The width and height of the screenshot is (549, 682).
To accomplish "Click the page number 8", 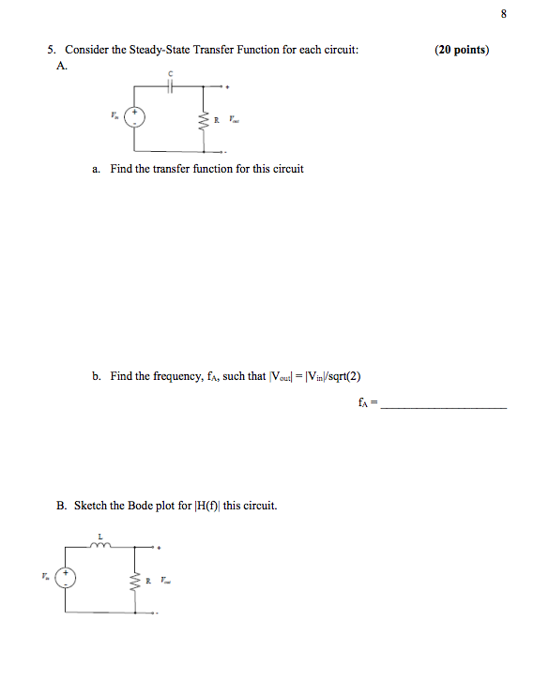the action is click(x=504, y=14).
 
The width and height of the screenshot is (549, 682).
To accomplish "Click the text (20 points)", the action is click(x=462, y=50).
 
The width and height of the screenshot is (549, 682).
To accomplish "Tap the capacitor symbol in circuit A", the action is click(x=170, y=84).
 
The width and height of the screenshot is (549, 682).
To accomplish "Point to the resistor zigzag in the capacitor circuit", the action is click(x=204, y=119).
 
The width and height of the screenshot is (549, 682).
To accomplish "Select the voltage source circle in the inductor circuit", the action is click(x=65, y=578).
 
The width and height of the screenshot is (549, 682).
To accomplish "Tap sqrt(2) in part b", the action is click(x=343, y=376).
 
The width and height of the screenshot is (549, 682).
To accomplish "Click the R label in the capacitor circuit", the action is click(x=216, y=119).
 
